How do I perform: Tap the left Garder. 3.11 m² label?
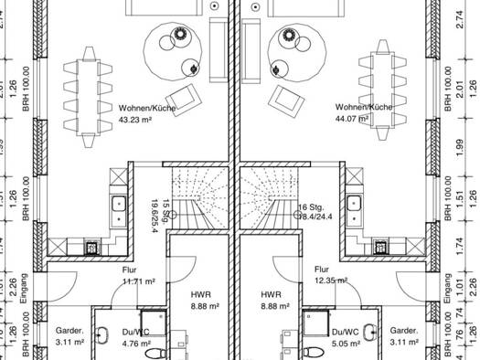point(69,336)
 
